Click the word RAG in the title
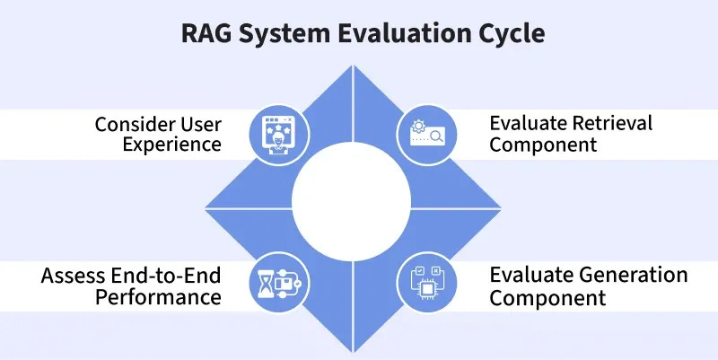click(x=205, y=34)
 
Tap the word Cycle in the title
click(x=507, y=34)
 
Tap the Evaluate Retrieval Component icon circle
click(x=425, y=135)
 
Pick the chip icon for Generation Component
click(x=425, y=285)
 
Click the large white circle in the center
click(x=351, y=210)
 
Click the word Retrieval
click(x=609, y=122)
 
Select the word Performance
click(x=163, y=297)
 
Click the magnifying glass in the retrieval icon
click(x=436, y=137)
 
